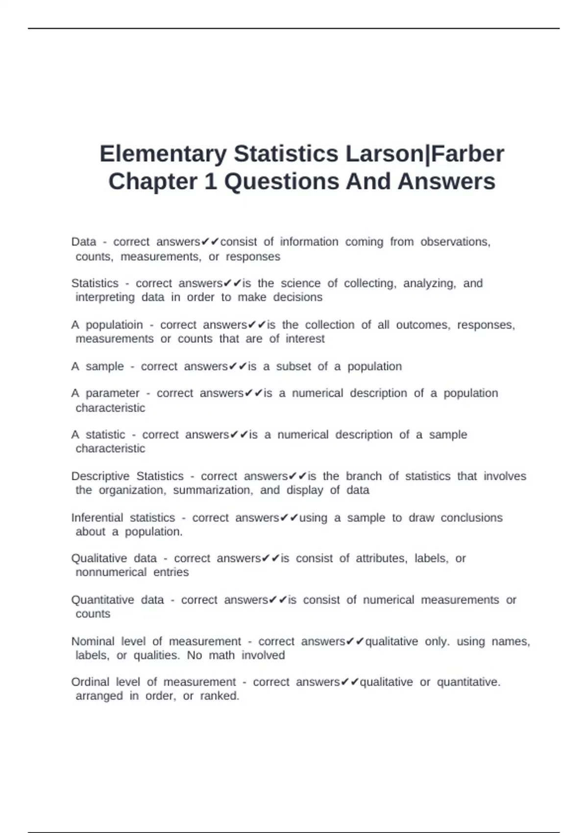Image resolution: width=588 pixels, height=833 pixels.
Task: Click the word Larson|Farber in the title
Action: (x=425, y=154)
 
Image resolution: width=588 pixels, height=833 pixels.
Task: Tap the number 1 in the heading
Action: (x=210, y=181)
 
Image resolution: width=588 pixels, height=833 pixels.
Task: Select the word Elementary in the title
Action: (x=163, y=154)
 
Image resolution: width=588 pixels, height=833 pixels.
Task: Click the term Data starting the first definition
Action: (x=84, y=242)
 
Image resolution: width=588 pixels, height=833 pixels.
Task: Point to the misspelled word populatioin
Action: (x=114, y=325)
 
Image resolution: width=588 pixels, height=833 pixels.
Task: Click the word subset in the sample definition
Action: (x=294, y=367)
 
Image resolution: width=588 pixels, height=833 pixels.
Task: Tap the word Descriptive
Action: (x=100, y=476)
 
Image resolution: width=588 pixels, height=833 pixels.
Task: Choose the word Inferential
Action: (x=97, y=517)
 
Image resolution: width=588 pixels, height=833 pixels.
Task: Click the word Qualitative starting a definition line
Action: (x=99, y=558)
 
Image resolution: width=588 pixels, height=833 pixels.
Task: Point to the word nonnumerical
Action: (x=111, y=572)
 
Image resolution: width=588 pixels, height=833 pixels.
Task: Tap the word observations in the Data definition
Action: (x=455, y=242)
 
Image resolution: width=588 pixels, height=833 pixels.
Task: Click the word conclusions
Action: (x=471, y=517)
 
